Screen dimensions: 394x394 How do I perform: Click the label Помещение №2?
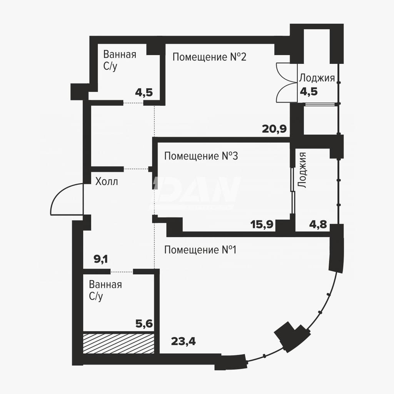click(x=209, y=57)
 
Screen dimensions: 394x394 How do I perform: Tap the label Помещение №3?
click(x=201, y=156)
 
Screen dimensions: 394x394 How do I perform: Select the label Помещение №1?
click(x=200, y=250)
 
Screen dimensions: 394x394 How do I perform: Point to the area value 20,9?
click(x=274, y=129)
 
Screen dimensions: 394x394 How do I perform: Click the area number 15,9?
click(x=262, y=224)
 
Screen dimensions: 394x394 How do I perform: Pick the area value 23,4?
click(x=183, y=342)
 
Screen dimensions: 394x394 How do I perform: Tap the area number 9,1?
click(x=101, y=259)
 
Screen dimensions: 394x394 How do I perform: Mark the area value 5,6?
click(x=144, y=324)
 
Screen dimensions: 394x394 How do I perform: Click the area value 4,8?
click(x=318, y=224)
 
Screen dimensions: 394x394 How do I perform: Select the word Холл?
click(x=107, y=181)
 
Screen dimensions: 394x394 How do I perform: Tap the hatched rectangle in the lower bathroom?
click(x=119, y=343)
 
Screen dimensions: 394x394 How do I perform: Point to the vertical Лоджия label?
click(x=302, y=170)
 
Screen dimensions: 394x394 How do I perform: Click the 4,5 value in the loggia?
click(x=309, y=92)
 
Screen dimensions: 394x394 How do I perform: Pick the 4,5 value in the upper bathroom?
click(x=144, y=92)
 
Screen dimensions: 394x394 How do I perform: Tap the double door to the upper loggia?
click(x=286, y=83)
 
